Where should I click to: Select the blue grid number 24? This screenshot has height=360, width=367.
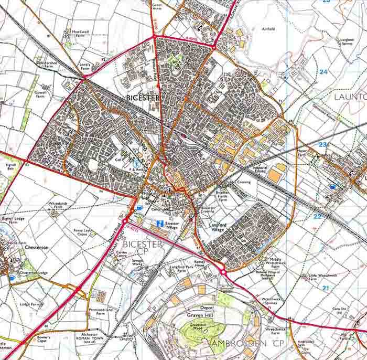(323, 71)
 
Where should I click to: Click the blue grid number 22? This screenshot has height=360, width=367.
(317, 216)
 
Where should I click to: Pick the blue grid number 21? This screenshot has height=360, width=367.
(325, 288)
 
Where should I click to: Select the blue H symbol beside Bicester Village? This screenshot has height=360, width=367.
(159, 224)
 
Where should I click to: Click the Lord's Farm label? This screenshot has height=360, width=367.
(85, 66)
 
